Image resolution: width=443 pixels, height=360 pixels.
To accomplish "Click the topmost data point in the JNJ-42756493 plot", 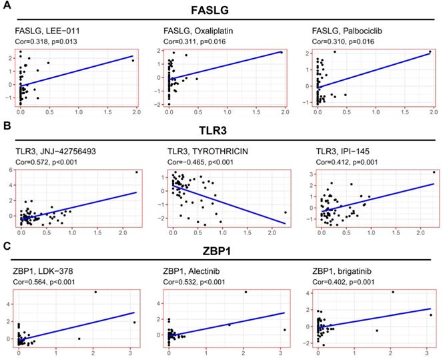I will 137,172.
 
